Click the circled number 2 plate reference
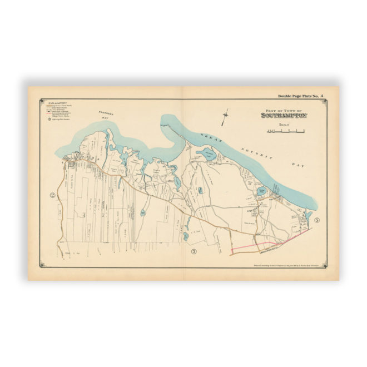(x=52, y=195)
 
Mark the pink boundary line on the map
(x=253, y=246)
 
